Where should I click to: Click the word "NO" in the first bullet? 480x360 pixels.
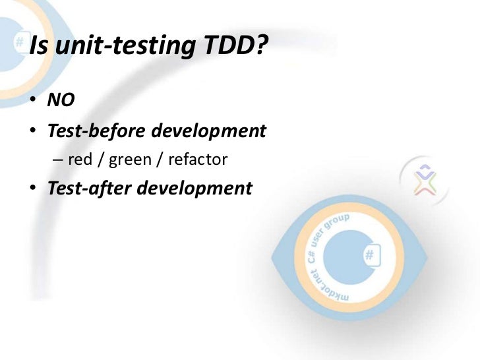tap(61, 101)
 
